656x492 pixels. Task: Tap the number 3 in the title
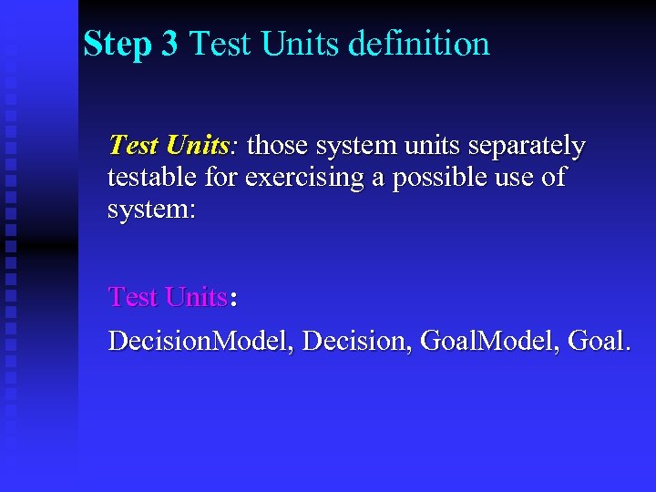click(169, 44)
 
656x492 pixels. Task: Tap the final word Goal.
click(598, 342)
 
